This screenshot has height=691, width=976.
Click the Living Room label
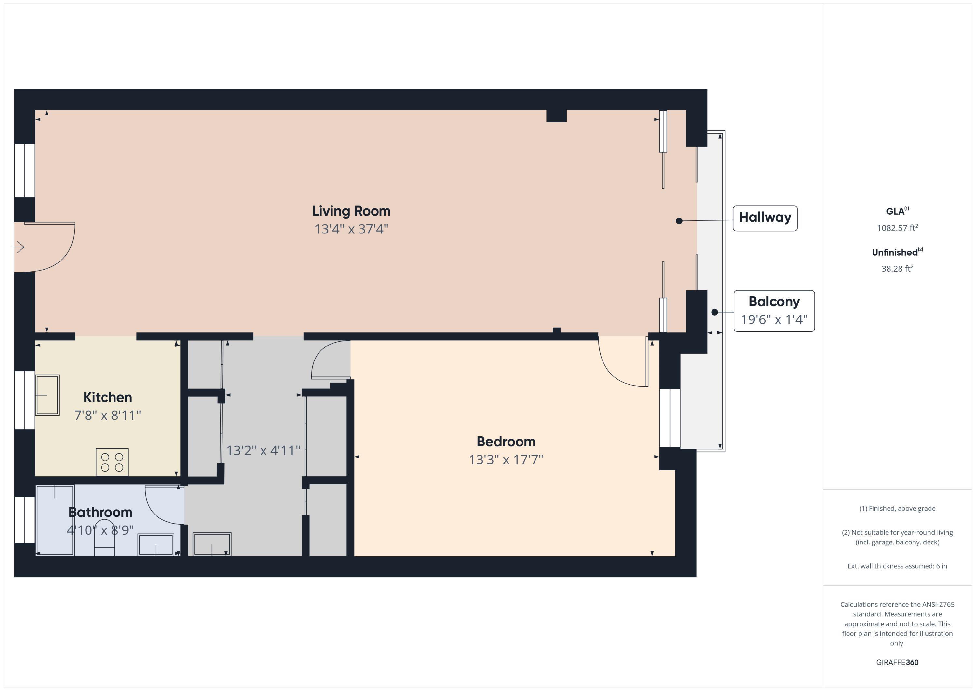pyautogui.click(x=351, y=211)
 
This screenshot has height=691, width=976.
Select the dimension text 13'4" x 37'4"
pyautogui.click(x=351, y=229)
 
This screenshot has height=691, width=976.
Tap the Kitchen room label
pyautogui.click(x=108, y=397)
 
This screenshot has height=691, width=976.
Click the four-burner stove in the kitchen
pyautogui.click(x=112, y=462)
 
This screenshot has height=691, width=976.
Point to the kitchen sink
pyautogui.click(x=47, y=395)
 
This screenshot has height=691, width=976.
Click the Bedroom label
pyautogui.click(x=506, y=442)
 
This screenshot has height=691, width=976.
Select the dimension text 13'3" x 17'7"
pyautogui.click(x=506, y=459)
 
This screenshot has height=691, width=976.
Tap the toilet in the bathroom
pyautogui.click(x=104, y=540)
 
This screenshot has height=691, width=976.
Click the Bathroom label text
pyautogui.click(x=100, y=512)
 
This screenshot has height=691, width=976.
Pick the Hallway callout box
pyautogui.click(x=765, y=218)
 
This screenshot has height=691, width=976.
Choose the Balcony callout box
pyautogui.click(x=774, y=311)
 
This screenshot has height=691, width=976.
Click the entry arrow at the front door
pyautogui.click(x=18, y=247)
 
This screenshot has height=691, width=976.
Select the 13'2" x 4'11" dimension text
pyautogui.click(x=263, y=450)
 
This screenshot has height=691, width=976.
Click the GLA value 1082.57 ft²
pyautogui.click(x=897, y=228)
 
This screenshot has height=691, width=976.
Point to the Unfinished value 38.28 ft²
pyautogui.click(x=897, y=268)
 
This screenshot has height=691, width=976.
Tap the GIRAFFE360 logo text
pyautogui.click(x=897, y=662)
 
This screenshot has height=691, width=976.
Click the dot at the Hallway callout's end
pyautogui.click(x=679, y=221)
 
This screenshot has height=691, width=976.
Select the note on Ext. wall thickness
pyautogui.click(x=897, y=566)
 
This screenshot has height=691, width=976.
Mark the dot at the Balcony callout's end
pyautogui.click(x=714, y=312)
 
